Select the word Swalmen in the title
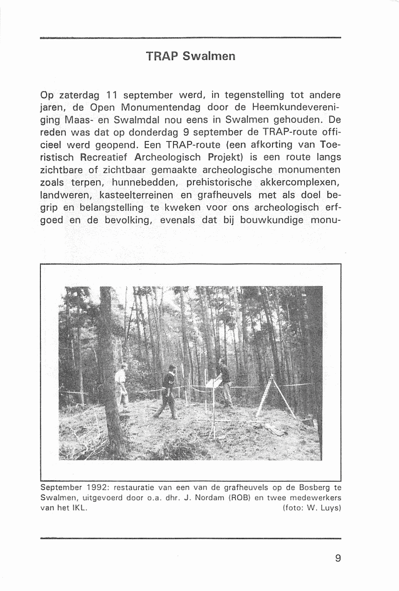(x=209, y=56)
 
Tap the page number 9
(x=338, y=558)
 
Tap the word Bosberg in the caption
(x=314, y=487)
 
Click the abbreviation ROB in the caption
(x=241, y=498)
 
